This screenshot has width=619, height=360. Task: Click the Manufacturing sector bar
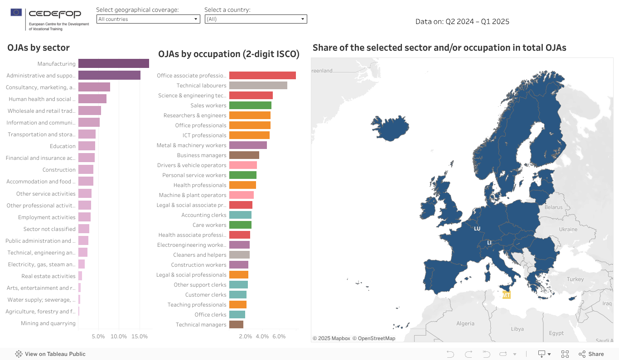pyautogui.click(x=113, y=63)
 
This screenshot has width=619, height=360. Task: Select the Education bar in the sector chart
pyautogui.click(x=87, y=146)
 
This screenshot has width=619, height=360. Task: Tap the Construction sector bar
pyautogui.click(x=86, y=169)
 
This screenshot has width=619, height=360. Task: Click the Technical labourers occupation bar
pyautogui.click(x=258, y=85)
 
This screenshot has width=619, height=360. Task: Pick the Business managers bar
pyautogui.click(x=244, y=155)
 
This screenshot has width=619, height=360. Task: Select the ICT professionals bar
pyautogui.click(x=249, y=135)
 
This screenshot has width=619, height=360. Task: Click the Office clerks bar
pyautogui.click(x=237, y=314)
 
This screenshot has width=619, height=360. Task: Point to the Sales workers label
pyautogui.click(x=208, y=106)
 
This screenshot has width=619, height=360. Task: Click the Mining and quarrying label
pyautogui.click(x=48, y=323)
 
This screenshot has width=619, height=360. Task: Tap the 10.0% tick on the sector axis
pyautogui.click(x=119, y=336)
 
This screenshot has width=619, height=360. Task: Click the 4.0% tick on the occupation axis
pyautogui.click(x=262, y=336)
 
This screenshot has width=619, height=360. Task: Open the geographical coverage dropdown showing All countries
pyautogui.click(x=148, y=19)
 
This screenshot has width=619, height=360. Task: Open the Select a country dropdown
pyautogui.click(x=256, y=19)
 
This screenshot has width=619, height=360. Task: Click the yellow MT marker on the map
pyautogui.click(x=507, y=295)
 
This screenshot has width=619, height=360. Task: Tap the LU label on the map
pyautogui.click(x=477, y=229)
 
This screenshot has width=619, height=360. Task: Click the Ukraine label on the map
pyautogui.click(x=568, y=229)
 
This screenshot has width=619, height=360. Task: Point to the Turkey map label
pyautogui.click(x=575, y=279)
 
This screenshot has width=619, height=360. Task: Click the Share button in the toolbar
pyautogui.click(x=591, y=354)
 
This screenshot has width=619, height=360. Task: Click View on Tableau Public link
pyautogui.click(x=50, y=354)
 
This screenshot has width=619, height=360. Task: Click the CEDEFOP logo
pyautogui.click(x=50, y=19)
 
